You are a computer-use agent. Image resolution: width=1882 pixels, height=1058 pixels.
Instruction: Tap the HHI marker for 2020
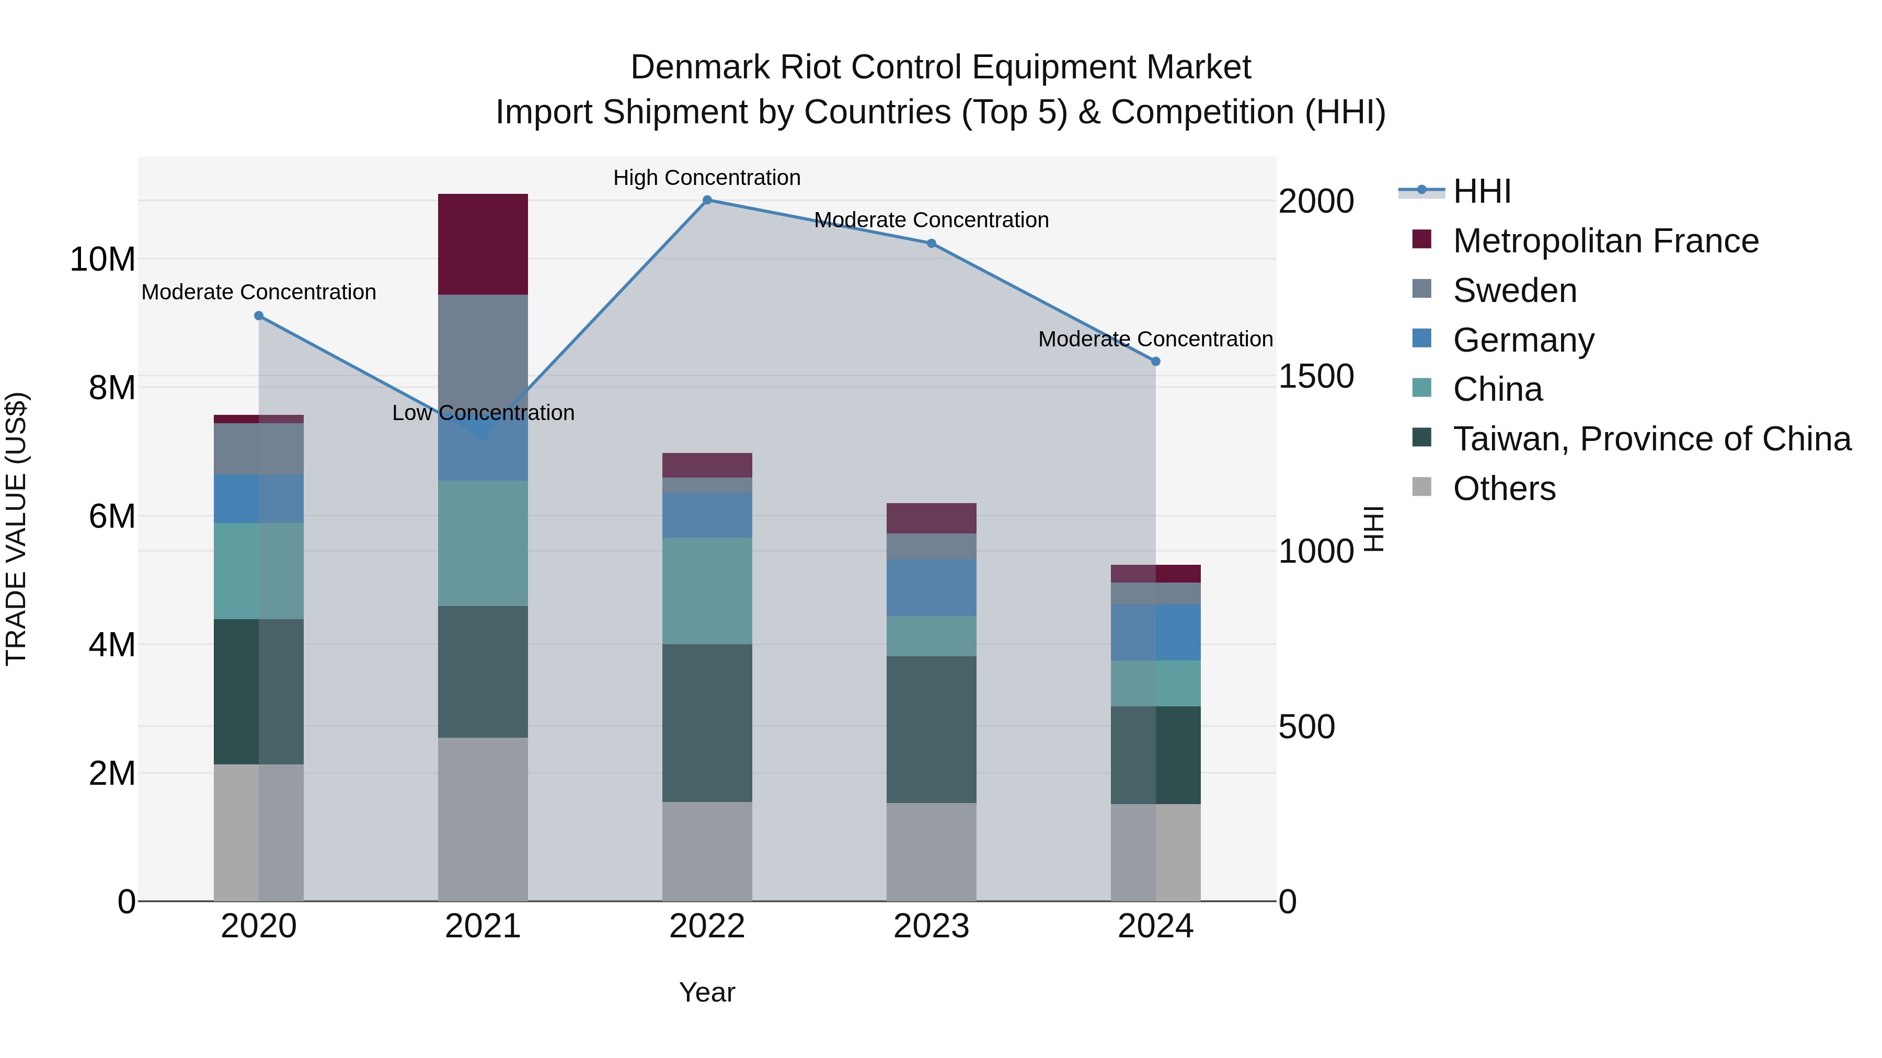(259, 316)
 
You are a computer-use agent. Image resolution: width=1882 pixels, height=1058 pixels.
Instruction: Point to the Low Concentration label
(483, 413)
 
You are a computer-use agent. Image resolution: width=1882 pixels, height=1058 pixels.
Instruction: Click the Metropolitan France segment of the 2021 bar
(483, 245)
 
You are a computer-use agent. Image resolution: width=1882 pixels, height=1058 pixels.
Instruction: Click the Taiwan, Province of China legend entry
(1651, 439)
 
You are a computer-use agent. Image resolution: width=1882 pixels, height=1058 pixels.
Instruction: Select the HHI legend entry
(1481, 191)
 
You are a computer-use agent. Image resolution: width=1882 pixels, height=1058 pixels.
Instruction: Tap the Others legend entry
(1504, 489)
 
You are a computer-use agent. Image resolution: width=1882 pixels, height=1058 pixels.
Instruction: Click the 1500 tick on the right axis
(1316, 377)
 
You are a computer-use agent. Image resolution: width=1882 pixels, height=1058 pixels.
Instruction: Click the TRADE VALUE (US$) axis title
(16, 529)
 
